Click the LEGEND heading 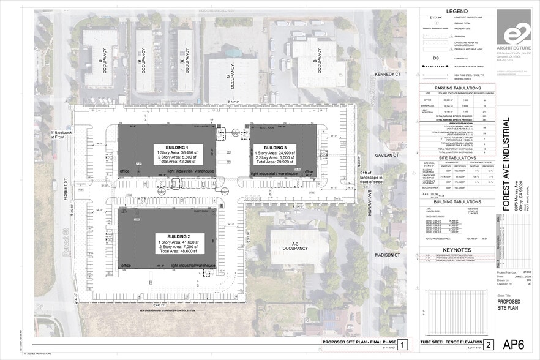pos(457,12)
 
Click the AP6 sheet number pos(513,344)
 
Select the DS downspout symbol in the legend pos(435,59)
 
